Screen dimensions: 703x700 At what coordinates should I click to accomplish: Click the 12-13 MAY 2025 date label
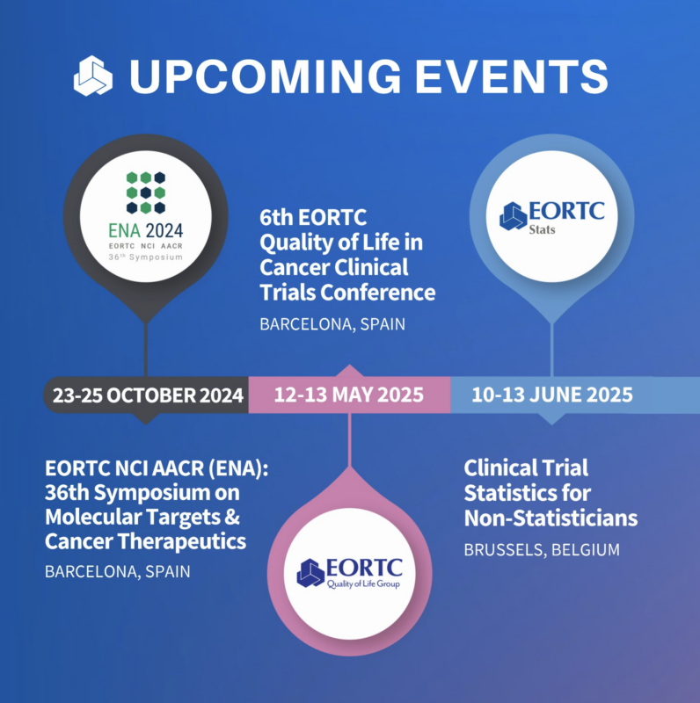pyautogui.click(x=349, y=395)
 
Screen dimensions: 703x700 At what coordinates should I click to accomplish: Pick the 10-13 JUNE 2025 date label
pyautogui.click(x=551, y=395)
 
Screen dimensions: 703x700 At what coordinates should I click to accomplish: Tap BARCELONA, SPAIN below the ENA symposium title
pyautogui.click(x=117, y=570)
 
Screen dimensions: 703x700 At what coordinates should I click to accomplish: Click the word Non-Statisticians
pyautogui.click(x=551, y=518)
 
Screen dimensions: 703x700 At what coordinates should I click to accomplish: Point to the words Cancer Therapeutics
pyautogui.click(x=145, y=540)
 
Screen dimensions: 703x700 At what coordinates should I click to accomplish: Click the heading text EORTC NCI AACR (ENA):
pyautogui.click(x=155, y=467)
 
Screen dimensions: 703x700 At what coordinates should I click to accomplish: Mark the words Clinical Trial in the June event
pyautogui.click(x=525, y=467)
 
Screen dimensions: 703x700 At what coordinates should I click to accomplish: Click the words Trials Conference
pyautogui.click(x=347, y=292)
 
